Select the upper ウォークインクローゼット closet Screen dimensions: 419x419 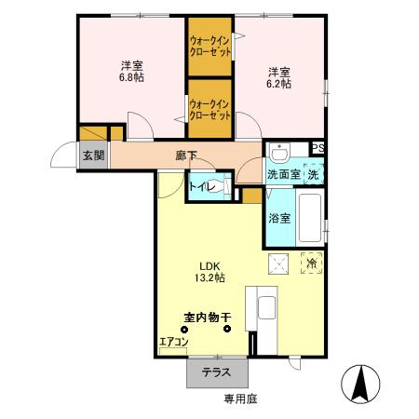209,47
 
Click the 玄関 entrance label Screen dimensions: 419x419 91,155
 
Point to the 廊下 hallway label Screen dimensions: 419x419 186,155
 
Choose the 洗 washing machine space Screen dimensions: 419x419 315,174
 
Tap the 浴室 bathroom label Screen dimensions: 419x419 280,220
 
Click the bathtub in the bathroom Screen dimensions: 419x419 309,216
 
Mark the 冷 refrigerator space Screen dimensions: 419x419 312,264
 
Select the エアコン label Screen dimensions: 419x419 173,343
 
